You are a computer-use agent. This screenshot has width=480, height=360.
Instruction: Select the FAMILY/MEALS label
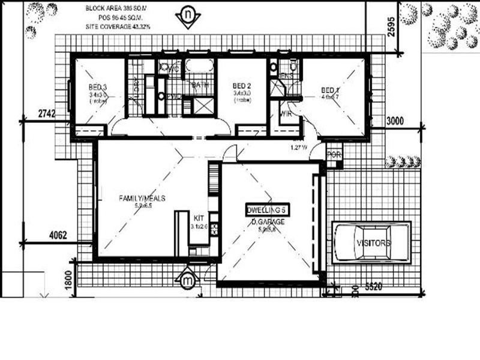pyautogui.click(x=142, y=198)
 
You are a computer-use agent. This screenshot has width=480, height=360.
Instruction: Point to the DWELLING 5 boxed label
pyautogui.click(x=268, y=210)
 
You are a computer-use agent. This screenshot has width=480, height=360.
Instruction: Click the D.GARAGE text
pyautogui.click(x=268, y=222)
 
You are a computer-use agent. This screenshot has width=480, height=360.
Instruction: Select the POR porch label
pyautogui.click(x=334, y=155)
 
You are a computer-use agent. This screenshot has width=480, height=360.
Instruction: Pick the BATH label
pyautogui.click(x=199, y=85)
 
